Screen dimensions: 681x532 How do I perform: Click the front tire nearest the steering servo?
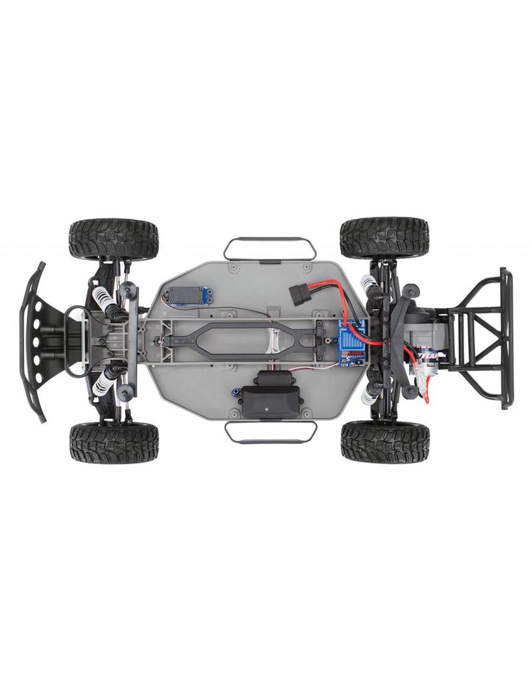tap(114, 239)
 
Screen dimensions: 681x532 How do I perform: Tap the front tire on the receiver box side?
tap(114, 443)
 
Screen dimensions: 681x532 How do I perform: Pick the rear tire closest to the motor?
tap(384, 442)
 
